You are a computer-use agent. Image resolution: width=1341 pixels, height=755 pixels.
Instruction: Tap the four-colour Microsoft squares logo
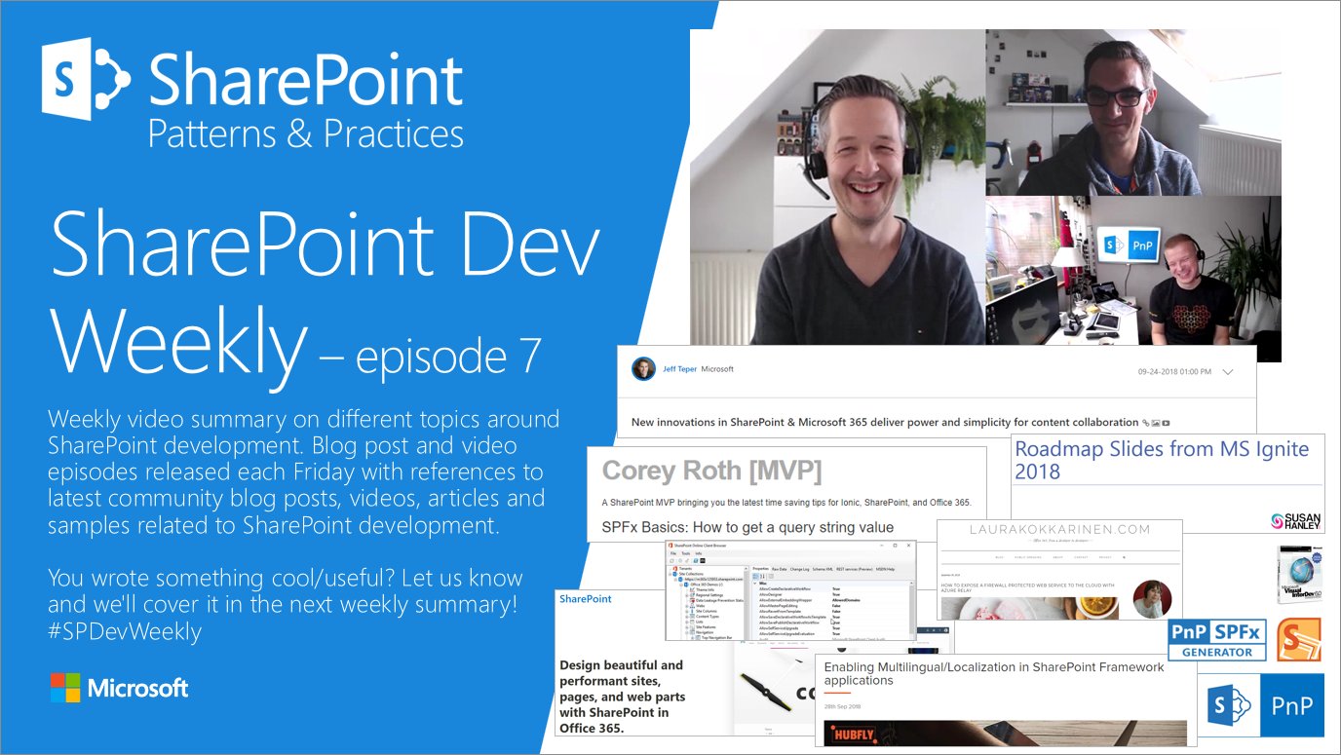(x=64, y=688)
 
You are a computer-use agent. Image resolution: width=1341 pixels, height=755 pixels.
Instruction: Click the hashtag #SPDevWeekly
(x=125, y=631)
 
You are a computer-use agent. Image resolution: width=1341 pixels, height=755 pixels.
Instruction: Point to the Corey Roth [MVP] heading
(x=711, y=471)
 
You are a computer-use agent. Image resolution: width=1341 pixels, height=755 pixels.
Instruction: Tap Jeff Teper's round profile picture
(x=643, y=369)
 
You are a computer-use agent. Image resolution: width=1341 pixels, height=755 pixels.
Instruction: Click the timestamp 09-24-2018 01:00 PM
(x=1174, y=372)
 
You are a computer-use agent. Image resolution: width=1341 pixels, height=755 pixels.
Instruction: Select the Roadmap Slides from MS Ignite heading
(x=1161, y=460)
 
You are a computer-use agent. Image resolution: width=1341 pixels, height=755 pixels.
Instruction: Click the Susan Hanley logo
(x=1297, y=521)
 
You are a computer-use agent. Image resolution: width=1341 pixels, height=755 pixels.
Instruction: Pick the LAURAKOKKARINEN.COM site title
(x=1058, y=530)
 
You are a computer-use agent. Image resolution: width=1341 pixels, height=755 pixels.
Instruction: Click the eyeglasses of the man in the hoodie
(x=1115, y=98)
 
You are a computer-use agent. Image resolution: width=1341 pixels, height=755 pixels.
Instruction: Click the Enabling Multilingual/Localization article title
(x=994, y=673)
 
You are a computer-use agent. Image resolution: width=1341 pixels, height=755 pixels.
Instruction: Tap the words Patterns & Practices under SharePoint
(x=305, y=132)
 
